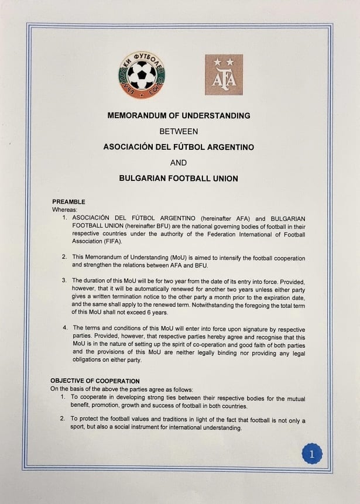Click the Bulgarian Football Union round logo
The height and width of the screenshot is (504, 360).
point(141,74)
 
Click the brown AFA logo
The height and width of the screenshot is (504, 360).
point(223,74)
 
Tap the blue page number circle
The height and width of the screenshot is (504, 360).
point(312,454)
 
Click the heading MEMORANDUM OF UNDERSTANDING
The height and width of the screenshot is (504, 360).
point(179,116)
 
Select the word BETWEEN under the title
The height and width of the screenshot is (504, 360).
point(179,131)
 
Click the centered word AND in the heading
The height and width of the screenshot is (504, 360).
point(179,163)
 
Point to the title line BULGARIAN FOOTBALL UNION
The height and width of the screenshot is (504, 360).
point(179,179)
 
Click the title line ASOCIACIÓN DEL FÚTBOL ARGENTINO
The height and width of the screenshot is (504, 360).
point(179,147)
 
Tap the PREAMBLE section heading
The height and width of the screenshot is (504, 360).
point(68,202)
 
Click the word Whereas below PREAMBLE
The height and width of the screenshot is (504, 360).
point(65,209)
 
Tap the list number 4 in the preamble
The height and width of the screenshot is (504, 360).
point(65,337)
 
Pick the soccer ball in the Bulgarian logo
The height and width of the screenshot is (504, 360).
point(141,75)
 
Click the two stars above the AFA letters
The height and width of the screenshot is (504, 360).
point(223,61)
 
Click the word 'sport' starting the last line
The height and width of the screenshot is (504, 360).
point(79,428)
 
